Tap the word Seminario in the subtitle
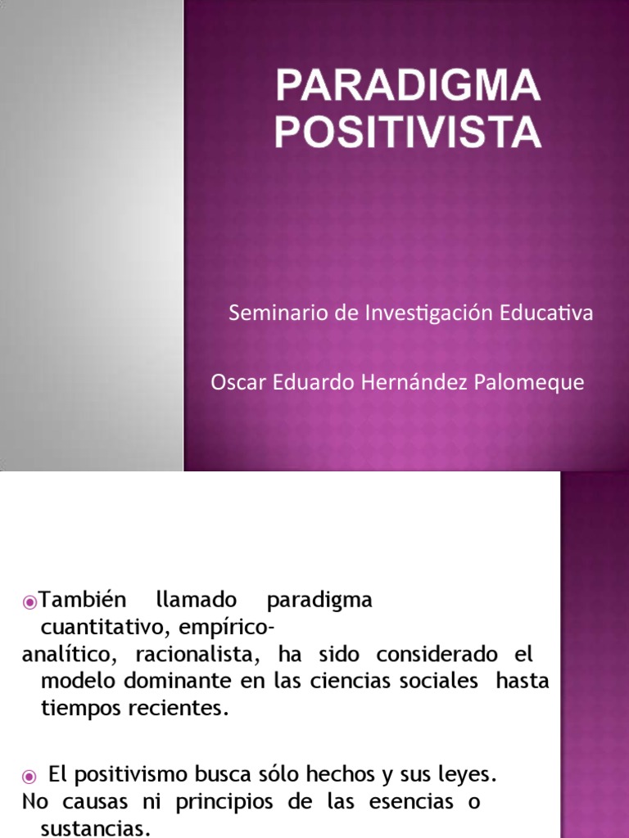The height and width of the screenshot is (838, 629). (268, 313)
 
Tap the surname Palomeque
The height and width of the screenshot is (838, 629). (535, 382)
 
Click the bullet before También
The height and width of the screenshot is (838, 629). (30, 601)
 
